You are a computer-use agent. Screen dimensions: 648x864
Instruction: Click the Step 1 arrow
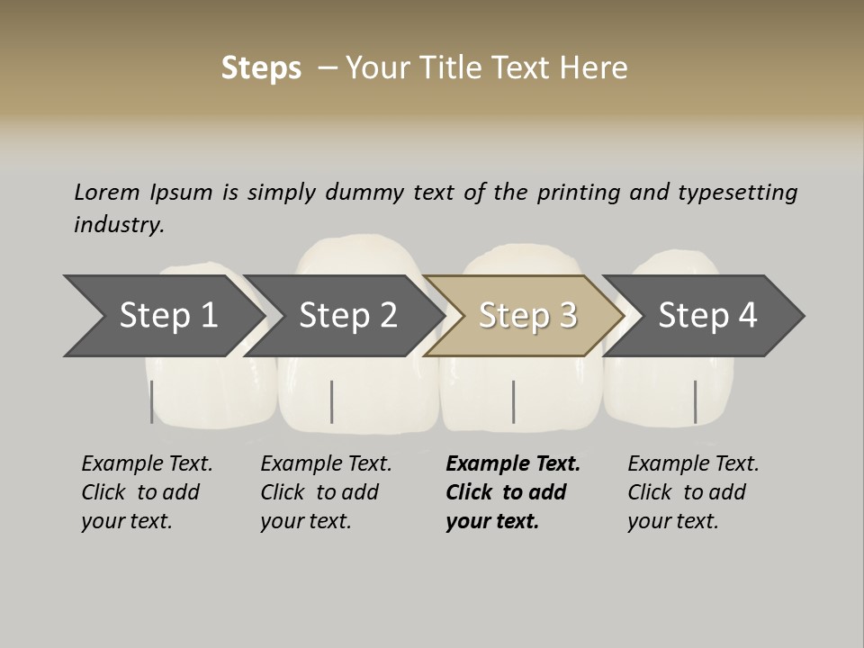[166, 316]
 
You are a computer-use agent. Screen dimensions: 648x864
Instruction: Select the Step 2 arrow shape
[347, 316]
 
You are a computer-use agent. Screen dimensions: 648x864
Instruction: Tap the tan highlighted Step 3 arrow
[527, 316]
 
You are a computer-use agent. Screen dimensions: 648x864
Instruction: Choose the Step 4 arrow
[707, 316]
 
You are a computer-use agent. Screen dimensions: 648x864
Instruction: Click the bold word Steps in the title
[261, 67]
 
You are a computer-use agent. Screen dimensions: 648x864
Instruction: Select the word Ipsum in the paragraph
[184, 193]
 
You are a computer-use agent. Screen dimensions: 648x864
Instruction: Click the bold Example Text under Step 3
[513, 463]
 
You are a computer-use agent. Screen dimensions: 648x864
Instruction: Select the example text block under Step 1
[147, 492]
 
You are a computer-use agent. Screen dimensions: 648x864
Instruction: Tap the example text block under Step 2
[326, 492]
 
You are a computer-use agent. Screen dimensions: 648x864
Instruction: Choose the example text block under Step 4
[693, 492]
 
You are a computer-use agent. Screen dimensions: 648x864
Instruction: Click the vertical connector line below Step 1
[152, 401]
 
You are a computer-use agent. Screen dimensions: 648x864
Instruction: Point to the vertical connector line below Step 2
[332, 401]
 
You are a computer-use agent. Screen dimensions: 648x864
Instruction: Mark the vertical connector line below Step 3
[513, 401]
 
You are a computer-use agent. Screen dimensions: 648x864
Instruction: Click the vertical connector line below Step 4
[695, 401]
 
